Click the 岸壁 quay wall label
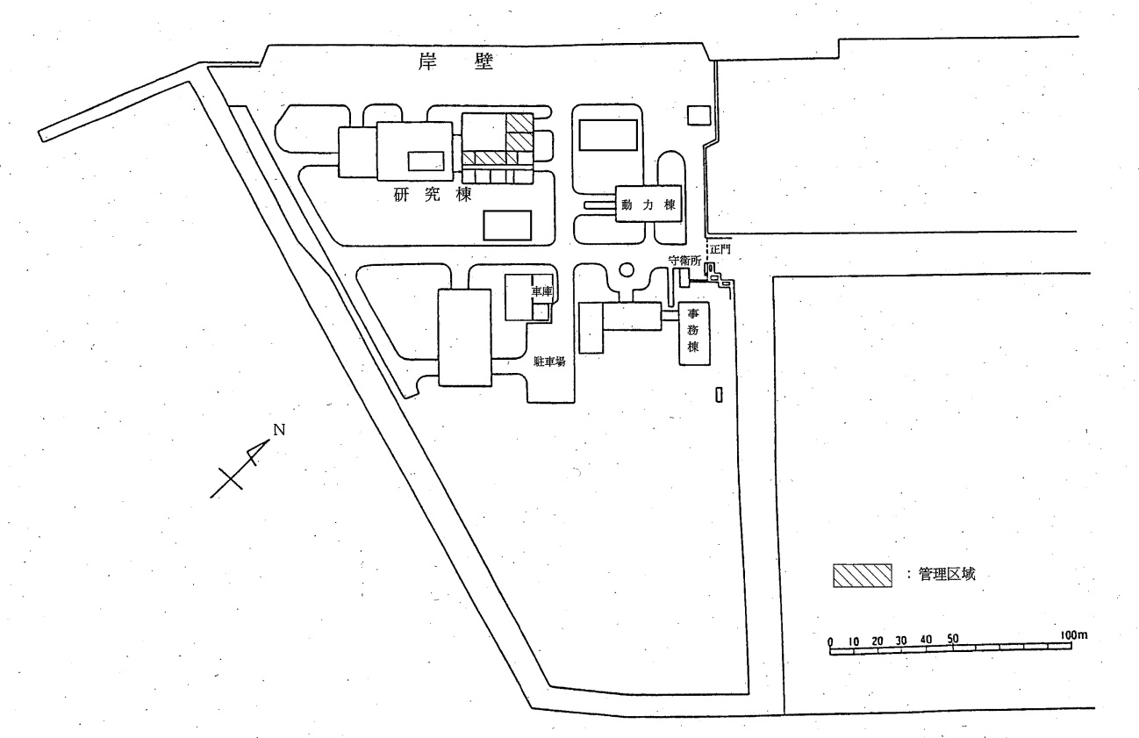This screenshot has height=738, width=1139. pos(455,61)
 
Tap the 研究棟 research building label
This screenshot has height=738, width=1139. pos(433,194)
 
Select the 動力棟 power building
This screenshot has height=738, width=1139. pos(648,204)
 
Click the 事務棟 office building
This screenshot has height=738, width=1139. pos(694,333)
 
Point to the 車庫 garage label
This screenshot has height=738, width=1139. pos(542,292)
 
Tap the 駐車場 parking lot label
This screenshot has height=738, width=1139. pos(549,362)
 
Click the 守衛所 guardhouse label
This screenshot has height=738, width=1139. pos(684,261)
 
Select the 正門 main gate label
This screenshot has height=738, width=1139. pos(720,249)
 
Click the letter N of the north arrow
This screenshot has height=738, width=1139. pos(279,430)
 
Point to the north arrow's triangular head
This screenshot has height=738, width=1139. pos(258,450)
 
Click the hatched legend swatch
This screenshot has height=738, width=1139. pos(863,576)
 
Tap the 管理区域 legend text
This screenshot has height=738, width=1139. pos(947,574)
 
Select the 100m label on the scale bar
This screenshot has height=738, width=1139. pos(1074,634)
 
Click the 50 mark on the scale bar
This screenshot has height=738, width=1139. pos(952,638)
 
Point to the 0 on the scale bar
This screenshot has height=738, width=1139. pos(830,641)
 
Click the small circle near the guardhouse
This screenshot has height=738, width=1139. pos(627,269)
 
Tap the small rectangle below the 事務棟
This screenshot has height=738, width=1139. pos(719,395)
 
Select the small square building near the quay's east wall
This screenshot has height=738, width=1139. pos(699,116)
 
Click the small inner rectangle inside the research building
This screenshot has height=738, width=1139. pos(426,161)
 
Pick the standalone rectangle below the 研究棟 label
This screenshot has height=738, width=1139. pos(507,226)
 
